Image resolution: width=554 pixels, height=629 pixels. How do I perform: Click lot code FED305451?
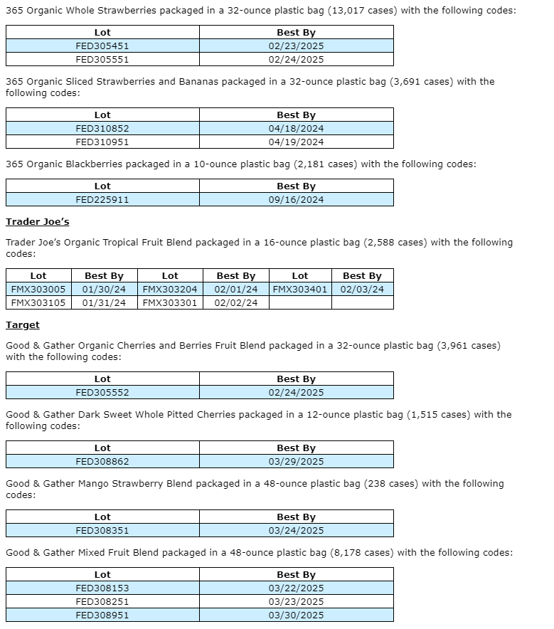[102, 46]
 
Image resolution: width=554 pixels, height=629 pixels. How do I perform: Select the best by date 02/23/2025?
[296, 46]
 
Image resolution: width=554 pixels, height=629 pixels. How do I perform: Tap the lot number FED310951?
[102, 142]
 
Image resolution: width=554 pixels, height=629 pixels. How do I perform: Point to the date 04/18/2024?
[296, 129]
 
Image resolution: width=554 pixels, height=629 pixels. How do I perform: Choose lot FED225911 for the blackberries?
[102, 200]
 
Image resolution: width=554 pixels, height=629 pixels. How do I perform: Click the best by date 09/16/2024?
[296, 200]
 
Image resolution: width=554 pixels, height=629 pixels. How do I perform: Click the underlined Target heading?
[23, 325]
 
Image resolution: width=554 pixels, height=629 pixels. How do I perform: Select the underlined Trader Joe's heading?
[37, 222]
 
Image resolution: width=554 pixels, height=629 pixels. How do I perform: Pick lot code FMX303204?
[170, 290]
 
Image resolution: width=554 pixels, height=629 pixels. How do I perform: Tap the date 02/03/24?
[362, 290]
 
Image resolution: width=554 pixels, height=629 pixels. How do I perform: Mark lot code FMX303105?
[38, 303]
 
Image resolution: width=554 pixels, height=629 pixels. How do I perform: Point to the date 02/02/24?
[236, 303]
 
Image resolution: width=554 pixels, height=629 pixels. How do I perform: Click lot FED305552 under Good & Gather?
[102, 393]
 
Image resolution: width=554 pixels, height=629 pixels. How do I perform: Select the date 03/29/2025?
[296, 462]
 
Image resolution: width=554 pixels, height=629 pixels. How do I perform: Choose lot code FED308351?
[102, 531]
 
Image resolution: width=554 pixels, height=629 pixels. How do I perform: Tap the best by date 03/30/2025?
[296, 615]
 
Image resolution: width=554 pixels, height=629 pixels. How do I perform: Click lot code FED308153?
[102, 588]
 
